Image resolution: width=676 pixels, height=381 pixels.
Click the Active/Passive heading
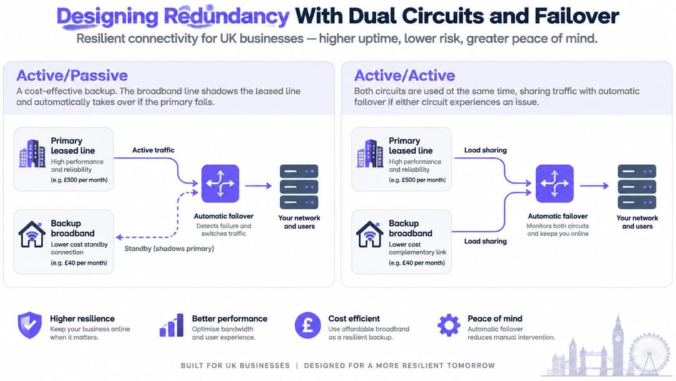(x=72, y=75)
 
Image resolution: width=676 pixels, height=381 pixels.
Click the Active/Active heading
(x=404, y=75)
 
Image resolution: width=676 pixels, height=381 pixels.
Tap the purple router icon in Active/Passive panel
(x=220, y=184)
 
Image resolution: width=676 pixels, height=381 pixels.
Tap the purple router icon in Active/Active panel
(x=555, y=184)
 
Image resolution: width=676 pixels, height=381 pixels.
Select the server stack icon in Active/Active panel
(x=637, y=186)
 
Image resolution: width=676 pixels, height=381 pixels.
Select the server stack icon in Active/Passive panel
(x=299, y=186)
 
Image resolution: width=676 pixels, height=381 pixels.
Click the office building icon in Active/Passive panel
(x=33, y=153)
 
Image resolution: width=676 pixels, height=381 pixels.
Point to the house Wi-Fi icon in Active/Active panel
(x=369, y=234)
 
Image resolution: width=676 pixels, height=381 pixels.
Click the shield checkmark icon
(x=29, y=325)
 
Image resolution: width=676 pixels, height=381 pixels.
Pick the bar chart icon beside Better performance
(x=172, y=325)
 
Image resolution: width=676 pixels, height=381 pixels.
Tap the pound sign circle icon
(x=308, y=325)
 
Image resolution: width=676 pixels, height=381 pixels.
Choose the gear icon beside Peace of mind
(x=449, y=325)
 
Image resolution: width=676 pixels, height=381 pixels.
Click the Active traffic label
(x=153, y=150)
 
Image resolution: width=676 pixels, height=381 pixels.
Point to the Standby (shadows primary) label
(x=170, y=249)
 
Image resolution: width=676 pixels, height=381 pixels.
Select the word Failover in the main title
(x=577, y=16)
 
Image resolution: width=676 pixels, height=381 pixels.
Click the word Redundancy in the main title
(x=227, y=16)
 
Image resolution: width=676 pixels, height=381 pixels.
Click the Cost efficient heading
(x=354, y=318)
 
